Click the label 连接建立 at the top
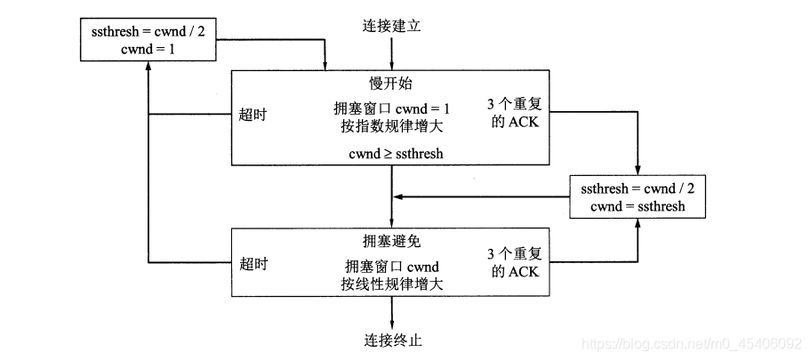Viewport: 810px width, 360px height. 391,26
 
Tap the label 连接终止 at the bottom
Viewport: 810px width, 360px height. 392,340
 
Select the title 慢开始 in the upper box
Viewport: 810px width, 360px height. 391,84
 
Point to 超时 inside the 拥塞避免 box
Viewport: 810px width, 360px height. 253,264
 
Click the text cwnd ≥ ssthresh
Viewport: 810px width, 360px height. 391,153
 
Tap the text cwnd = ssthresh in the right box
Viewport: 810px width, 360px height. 637,206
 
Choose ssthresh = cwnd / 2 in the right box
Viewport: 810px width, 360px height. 637,188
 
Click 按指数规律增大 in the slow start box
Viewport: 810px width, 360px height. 391,125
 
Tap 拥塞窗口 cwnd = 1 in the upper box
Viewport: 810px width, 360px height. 391,108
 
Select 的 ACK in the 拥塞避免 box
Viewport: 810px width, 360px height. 520,270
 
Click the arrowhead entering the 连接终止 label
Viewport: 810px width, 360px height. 392,325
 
